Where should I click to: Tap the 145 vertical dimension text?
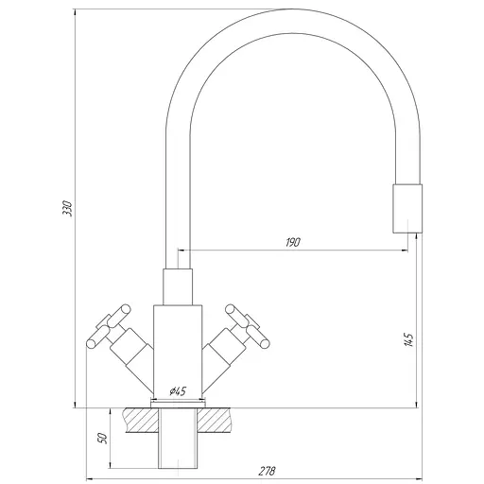pos(407,339)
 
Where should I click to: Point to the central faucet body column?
pos(178,350)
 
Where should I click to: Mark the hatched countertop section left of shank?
pos(138,418)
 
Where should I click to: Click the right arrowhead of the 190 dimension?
pos(407,251)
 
